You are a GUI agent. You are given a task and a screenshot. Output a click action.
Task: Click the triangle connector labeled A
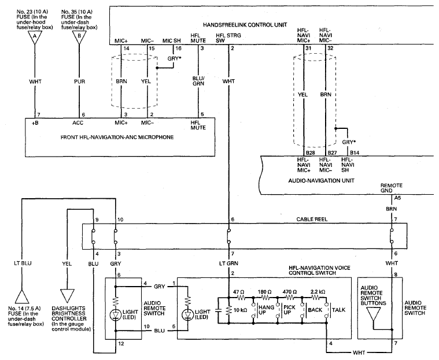(x=35, y=37)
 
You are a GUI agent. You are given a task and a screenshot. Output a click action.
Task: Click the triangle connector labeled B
(x=79, y=37)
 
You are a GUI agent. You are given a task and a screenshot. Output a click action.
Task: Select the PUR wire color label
(x=79, y=81)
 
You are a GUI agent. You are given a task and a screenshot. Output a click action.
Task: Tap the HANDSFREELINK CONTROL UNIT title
(x=245, y=25)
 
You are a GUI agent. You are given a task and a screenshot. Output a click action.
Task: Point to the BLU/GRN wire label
(x=198, y=81)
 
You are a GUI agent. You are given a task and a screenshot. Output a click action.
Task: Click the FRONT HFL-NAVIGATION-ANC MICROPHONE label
(x=117, y=138)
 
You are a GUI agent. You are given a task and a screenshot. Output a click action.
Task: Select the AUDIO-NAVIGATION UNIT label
(x=322, y=181)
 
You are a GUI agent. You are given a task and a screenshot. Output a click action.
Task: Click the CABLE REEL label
(x=312, y=220)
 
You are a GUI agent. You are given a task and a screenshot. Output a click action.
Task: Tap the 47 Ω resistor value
(x=238, y=292)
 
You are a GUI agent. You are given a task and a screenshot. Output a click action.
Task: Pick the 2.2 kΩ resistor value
(x=318, y=292)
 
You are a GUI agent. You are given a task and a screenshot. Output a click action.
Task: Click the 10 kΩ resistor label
(x=240, y=310)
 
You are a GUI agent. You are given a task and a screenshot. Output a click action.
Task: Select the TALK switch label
(x=339, y=310)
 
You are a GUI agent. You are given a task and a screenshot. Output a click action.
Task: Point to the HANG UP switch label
(x=266, y=310)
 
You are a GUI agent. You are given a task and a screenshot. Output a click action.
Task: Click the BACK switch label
(x=315, y=310)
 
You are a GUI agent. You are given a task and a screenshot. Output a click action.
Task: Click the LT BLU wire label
(x=23, y=263)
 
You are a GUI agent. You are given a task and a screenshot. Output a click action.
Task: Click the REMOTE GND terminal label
(x=392, y=188)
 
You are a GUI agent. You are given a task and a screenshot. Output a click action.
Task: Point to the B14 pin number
(x=355, y=153)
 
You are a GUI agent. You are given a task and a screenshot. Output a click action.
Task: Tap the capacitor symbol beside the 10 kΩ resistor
(x=219, y=310)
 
